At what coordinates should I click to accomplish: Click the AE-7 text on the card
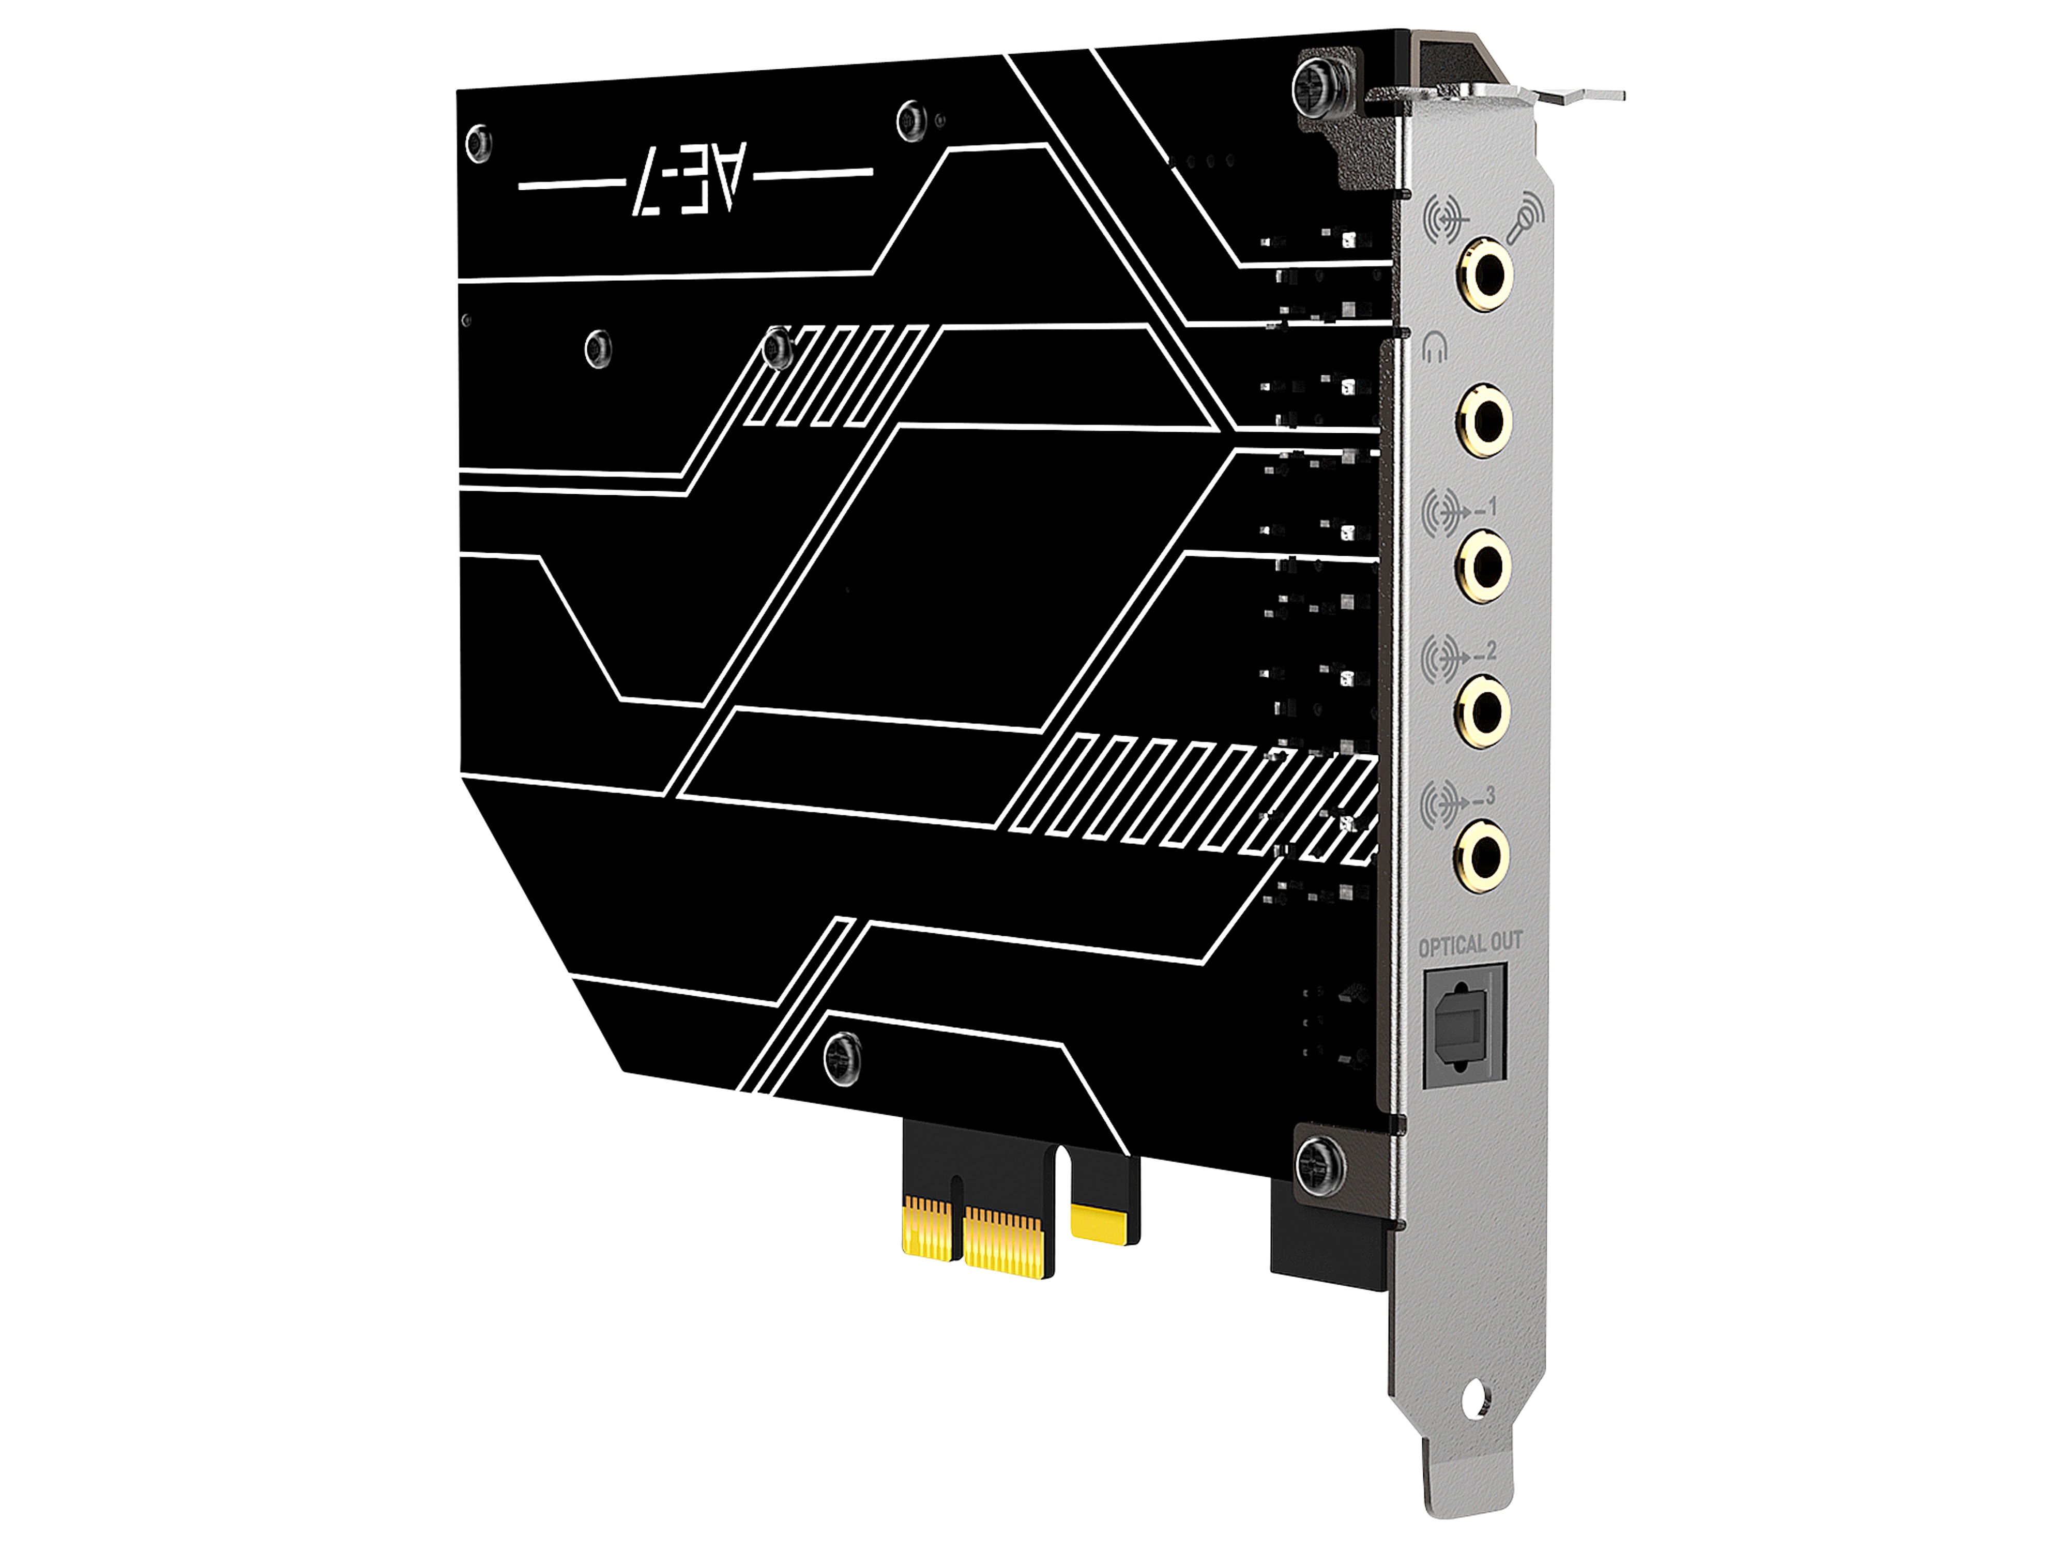(x=694, y=179)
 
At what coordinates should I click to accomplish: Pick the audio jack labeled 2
(x=1483, y=710)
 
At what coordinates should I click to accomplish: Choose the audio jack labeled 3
(x=1483, y=853)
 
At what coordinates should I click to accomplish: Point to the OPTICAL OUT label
(x=1470, y=944)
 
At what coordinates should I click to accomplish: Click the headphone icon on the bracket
(x=1435, y=349)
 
